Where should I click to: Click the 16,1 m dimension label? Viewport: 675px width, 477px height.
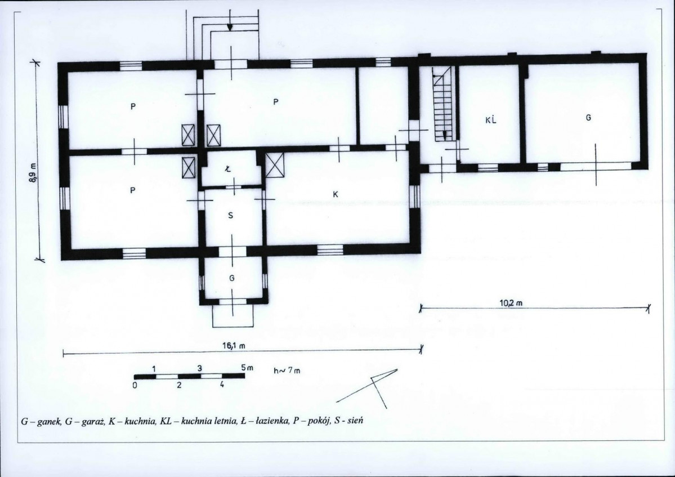[234, 345]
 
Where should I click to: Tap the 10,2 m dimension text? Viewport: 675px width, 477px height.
[511, 302]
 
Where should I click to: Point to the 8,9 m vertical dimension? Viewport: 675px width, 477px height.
[32, 173]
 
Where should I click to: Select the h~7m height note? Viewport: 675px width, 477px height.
[287, 370]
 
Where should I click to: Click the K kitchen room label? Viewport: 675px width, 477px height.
[336, 195]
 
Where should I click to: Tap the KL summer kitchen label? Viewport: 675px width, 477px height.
[491, 120]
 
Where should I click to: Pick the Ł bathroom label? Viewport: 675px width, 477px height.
[228, 169]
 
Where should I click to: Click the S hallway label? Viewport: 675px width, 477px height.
[231, 215]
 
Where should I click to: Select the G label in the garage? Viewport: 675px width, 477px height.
[588, 117]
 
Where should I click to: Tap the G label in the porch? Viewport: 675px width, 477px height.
[231, 278]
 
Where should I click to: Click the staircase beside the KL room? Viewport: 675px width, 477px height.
[444, 104]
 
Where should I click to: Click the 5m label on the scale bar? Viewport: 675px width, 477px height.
[247, 368]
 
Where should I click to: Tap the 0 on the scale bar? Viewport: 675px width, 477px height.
[135, 385]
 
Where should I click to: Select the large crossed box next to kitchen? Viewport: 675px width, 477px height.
[275, 166]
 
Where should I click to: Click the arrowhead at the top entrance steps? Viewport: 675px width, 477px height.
[230, 26]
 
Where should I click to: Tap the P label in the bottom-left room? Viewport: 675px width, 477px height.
[133, 190]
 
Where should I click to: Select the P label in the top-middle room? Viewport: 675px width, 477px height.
[275, 102]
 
